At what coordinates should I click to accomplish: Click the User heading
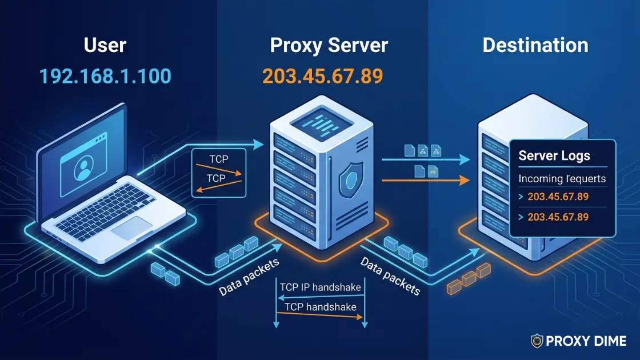(x=105, y=46)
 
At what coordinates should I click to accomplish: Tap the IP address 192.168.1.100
(x=105, y=76)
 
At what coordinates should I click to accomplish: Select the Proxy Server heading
(x=329, y=46)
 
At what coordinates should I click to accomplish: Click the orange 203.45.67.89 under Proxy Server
(x=322, y=76)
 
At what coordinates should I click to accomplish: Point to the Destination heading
(x=535, y=46)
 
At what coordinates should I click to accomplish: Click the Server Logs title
(x=554, y=155)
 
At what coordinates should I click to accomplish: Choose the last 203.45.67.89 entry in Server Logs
(x=558, y=217)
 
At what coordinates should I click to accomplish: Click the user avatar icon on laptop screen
(x=84, y=166)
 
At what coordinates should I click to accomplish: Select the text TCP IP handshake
(x=321, y=287)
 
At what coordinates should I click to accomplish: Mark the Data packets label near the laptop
(x=249, y=278)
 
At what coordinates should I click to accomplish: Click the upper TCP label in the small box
(x=218, y=159)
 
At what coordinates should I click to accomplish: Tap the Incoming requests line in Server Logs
(x=562, y=179)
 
